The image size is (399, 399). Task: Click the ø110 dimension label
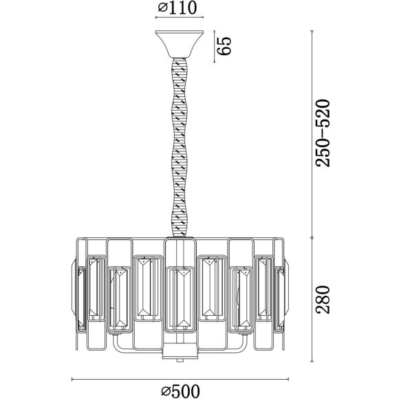[x=177, y=8]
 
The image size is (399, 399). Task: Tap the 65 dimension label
[x=224, y=46]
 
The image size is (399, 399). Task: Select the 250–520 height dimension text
[x=323, y=133]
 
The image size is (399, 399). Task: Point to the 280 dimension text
[x=323, y=299]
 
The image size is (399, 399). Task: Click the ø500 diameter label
[x=181, y=391]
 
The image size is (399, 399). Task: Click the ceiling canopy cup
[x=180, y=44]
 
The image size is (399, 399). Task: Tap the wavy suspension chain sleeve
[x=181, y=148]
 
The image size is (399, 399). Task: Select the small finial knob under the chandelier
[x=180, y=360]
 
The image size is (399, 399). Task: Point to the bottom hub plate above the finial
[x=180, y=351]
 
